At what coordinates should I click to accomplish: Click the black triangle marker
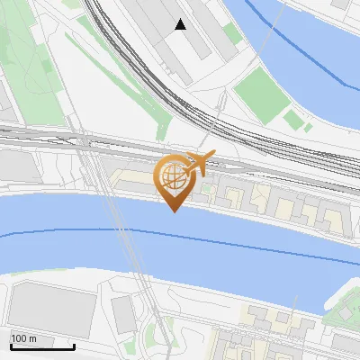(181, 25)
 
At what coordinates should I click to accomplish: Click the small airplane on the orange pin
(199, 164)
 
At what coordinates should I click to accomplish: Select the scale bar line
(42, 346)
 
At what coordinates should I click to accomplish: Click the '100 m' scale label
(23, 338)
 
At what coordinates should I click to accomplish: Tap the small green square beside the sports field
(292, 117)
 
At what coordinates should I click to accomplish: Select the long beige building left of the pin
(135, 180)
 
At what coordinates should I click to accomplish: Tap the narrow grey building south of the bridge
(123, 311)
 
